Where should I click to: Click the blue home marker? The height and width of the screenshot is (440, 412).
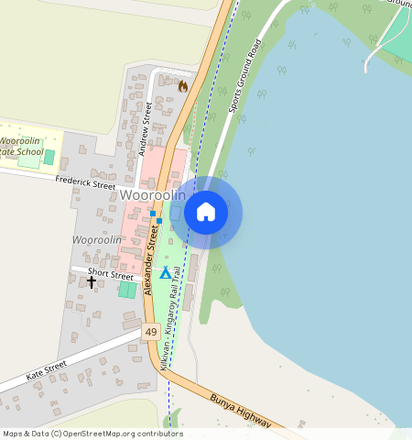[x=206, y=213]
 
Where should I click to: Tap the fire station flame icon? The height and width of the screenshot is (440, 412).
[x=183, y=86]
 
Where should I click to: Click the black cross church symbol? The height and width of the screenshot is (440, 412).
[x=92, y=282]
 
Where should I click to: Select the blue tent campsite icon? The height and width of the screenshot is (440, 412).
[x=165, y=272]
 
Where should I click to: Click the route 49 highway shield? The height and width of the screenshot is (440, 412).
[x=151, y=331]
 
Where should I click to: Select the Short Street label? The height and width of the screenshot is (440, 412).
[x=110, y=273]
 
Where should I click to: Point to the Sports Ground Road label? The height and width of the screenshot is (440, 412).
[x=244, y=75]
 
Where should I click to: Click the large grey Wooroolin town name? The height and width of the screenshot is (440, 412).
[x=152, y=195]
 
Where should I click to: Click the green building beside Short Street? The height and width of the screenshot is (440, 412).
[x=127, y=290]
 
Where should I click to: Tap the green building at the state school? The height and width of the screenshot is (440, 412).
[x=29, y=160]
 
